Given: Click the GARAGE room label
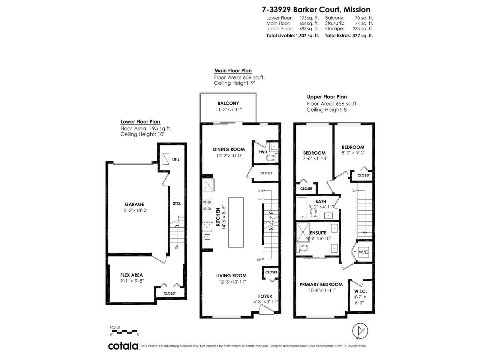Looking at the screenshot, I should coord(134,204).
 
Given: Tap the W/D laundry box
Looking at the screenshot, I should coord(363,252).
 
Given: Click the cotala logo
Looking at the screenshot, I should coord(123,346).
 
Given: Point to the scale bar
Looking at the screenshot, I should coord(124,331).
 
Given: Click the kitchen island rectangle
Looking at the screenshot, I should coord(236,222).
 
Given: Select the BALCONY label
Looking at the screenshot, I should coord(228,103).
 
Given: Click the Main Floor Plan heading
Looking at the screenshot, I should coord(233,71).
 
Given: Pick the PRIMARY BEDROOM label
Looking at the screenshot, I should coord(321,284).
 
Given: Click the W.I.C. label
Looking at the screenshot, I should coord(360,291).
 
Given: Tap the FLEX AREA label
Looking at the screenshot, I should coord(131,275).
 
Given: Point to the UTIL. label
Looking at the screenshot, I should coord(176,160).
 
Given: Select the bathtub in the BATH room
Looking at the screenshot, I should coord(302,208).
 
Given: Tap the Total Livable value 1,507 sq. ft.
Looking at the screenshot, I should coord(307,35).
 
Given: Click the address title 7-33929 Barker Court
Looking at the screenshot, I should coord(316,10).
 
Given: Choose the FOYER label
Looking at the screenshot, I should coord(265,296).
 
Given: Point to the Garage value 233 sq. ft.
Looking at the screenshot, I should coord(363,29).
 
